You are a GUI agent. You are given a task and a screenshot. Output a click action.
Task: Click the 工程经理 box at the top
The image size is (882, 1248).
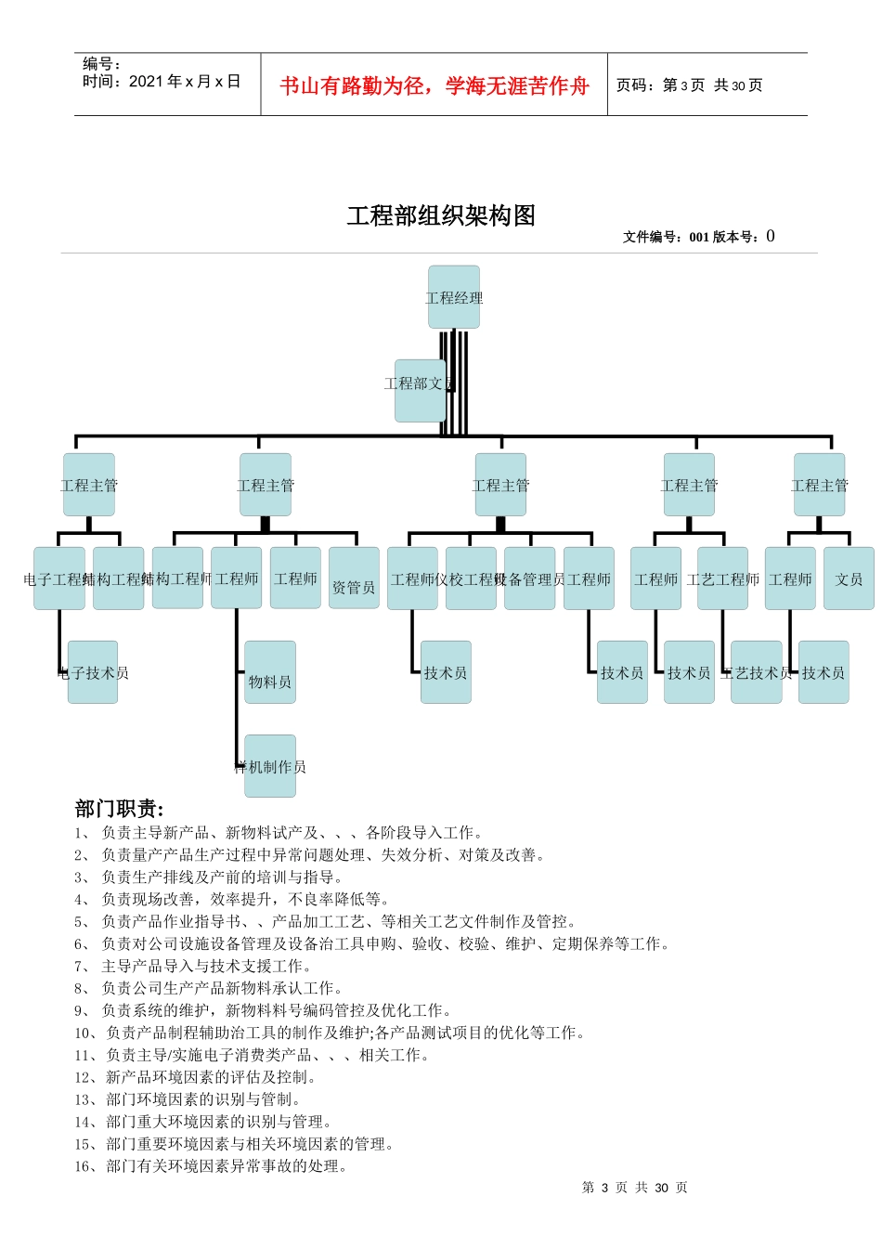click(454, 297)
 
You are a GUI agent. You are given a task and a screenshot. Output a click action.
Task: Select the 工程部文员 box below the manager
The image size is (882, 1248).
click(420, 390)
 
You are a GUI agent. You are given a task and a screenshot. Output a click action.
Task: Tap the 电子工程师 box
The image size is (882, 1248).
click(58, 578)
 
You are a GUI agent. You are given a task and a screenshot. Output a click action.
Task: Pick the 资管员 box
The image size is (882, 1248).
click(354, 578)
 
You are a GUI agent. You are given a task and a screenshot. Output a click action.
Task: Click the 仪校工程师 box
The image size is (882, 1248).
click(471, 578)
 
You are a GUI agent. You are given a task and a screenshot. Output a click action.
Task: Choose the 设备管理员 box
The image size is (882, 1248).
click(529, 578)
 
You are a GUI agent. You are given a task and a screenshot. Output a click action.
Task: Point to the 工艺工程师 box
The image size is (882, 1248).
click(722, 578)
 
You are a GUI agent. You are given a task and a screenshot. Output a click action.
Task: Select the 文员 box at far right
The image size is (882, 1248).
click(849, 578)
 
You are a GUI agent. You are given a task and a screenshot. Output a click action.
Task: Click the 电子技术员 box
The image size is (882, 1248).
click(93, 672)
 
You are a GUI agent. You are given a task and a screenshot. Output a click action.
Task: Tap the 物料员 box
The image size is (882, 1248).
click(270, 672)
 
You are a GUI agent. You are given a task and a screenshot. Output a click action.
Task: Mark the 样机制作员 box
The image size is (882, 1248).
click(270, 766)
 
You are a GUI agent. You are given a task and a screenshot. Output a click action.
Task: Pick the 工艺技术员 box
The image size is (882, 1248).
click(756, 672)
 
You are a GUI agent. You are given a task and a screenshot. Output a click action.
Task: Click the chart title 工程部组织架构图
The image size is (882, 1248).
click(441, 215)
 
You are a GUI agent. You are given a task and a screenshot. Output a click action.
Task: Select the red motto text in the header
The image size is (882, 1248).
click(435, 85)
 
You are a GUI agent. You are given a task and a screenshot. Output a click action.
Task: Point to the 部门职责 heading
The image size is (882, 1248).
click(119, 809)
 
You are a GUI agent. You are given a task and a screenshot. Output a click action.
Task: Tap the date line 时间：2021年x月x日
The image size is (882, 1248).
click(162, 82)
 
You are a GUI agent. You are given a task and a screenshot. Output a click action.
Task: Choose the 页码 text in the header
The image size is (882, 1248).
click(689, 85)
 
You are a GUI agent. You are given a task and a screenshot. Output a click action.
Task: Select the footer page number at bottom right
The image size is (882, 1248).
click(634, 1188)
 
